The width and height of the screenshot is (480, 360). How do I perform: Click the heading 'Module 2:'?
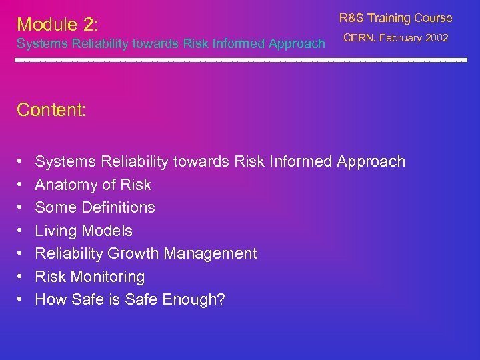[x=57, y=25]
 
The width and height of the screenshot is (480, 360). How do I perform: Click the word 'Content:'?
[x=51, y=110]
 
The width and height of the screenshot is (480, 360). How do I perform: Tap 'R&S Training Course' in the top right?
[x=395, y=18]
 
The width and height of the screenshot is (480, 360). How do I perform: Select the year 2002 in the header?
[x=437, y=38]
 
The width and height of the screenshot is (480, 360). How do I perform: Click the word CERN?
[x=359, y=38]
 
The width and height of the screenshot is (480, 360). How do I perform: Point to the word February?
[x=401, y=38]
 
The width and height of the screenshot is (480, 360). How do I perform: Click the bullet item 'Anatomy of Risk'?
[x=93, y=185]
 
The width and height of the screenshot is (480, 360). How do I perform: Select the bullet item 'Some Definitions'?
[x=95, y=207]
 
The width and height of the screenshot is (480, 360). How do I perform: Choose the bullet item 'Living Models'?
[x=83, y=231]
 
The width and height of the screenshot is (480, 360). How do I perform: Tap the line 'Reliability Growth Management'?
[x=145, y=253]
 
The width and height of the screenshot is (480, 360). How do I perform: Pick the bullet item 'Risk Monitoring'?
[x=89, y=277]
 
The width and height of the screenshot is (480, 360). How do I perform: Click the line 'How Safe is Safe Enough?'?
[x=130, y=299]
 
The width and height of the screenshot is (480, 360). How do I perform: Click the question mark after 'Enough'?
[x=221, y=299]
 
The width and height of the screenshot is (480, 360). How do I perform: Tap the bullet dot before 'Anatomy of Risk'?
[x=20, y=185]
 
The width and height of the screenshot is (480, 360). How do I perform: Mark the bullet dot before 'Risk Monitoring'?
[x=20, y=277]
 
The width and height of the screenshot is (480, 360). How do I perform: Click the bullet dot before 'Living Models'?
[x=20, y=231]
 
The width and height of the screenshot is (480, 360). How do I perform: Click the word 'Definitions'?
[x=118, y=207]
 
